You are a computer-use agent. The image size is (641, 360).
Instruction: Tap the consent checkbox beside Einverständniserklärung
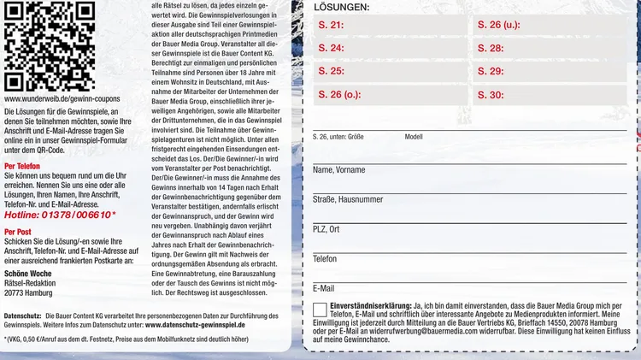320,310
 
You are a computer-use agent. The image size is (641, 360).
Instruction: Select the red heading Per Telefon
22,166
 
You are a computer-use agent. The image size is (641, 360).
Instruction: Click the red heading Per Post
18,231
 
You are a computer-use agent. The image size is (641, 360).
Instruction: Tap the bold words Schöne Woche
28,273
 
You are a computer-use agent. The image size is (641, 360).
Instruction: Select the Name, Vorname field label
340,170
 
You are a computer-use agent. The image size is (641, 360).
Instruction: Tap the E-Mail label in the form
324,288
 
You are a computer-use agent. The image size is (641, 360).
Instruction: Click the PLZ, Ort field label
326,229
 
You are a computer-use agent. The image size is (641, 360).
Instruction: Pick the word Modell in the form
414,137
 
